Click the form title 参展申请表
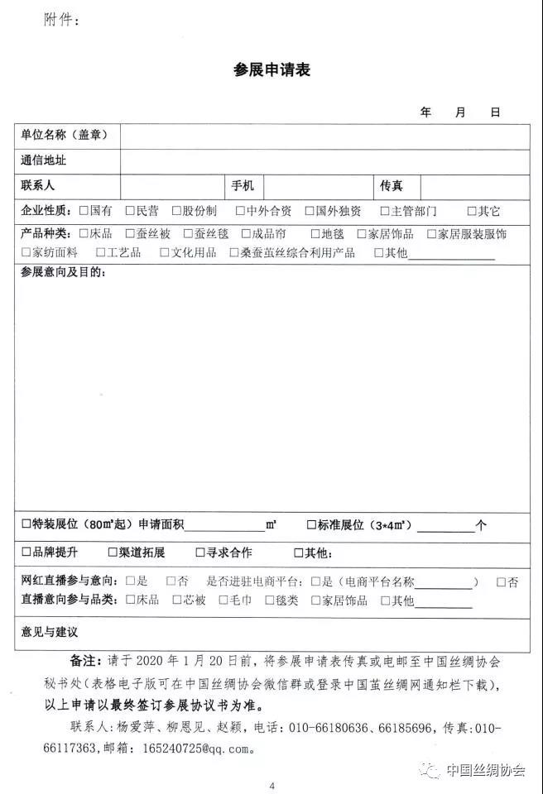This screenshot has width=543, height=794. (x=271, y=69)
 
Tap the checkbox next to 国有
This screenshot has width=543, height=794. (x=83, y=211)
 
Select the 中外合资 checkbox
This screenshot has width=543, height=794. (x=240, y=211)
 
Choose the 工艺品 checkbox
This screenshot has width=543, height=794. (x=100, y=252)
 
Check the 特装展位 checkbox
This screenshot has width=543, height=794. (x=26, y=524)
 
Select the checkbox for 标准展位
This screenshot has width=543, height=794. (x=311, y=524)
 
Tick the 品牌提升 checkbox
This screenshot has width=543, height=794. (x=26, y=552)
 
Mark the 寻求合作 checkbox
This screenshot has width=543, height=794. (x=199, y=552)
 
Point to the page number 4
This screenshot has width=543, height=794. (x=272, y=785)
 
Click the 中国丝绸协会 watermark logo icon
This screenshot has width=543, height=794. (x=430, y=770)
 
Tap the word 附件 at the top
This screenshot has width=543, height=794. (x=60, y=21)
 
